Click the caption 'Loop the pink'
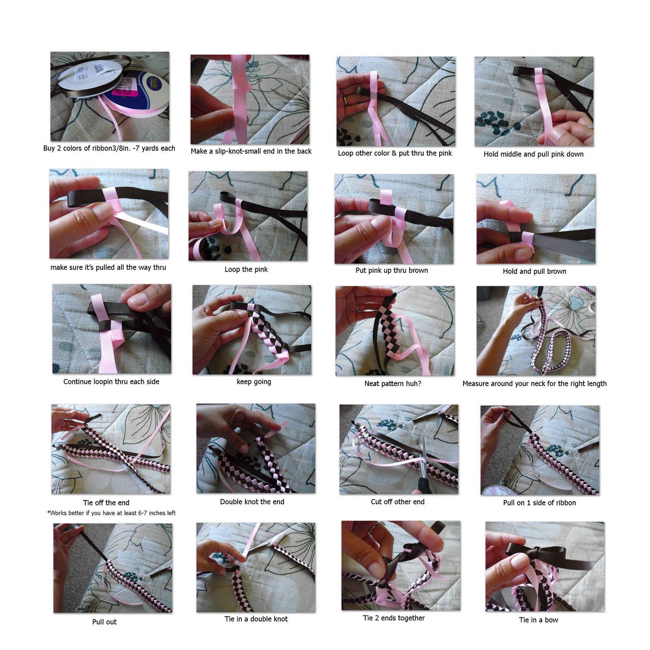[x=246, y=269]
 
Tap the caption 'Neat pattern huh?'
[x=392, y=383]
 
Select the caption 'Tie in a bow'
[x=538, y=620]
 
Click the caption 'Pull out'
[x=104, y=622]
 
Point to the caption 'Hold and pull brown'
[x=534, y=271]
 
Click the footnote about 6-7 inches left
[x=111, y=513]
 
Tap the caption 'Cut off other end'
[x=397, y=502]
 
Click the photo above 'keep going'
[x=252, y=329]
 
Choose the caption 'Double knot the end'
[x=252, y=502]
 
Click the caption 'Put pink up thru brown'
[x=392, y=271]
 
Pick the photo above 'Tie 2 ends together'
[x=401, y=565]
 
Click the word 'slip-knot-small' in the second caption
[x=236, y=151]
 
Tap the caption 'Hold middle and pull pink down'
[x=533, y=154]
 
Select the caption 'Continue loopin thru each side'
[x=111, y=381]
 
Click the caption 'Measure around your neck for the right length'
[x=534, y=383]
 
